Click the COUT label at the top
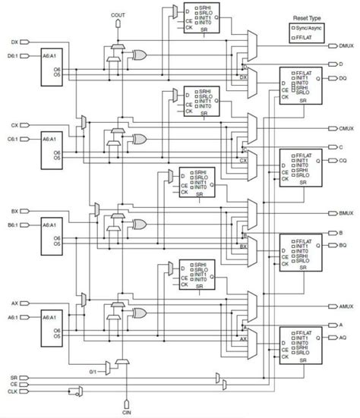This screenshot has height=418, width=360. (118, 14)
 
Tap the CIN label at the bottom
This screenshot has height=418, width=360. (126, 413)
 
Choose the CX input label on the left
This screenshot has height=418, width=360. (15, 124)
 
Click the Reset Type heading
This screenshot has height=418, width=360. (308, 16)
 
